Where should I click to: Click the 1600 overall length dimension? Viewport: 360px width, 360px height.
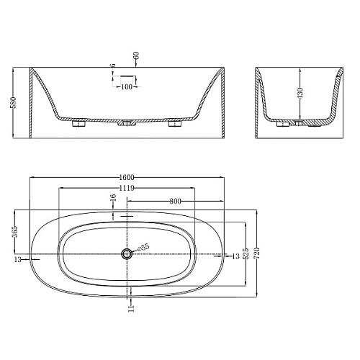click(x=127, y=177)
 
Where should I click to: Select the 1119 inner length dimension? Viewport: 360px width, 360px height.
click(x=127, y=188)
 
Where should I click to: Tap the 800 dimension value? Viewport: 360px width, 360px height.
click(x=175, y=201)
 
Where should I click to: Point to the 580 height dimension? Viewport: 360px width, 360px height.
click(x=14, y=102)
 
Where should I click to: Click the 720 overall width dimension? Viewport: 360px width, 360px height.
click(x=257, y=253)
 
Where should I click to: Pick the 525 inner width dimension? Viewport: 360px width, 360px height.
click(x=246, y=253)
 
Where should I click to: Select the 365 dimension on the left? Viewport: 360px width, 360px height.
click(x=15, y=231)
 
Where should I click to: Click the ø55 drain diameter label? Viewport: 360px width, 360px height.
click(x=143, y=247)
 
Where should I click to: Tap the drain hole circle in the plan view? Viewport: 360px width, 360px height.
click(x=127, y=253)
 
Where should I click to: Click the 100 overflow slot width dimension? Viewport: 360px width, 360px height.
click(x=127, y=86)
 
